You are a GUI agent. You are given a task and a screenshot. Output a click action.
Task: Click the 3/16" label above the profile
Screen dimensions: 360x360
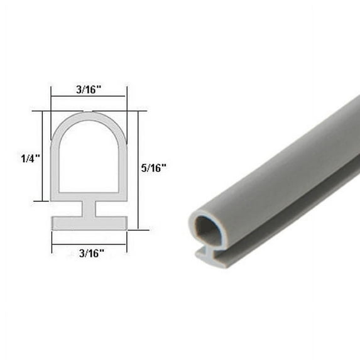point(89,90)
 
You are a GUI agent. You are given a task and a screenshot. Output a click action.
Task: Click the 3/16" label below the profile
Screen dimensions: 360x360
point(89,253)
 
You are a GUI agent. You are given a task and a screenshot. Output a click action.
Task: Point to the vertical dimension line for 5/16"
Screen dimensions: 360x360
point(138,170)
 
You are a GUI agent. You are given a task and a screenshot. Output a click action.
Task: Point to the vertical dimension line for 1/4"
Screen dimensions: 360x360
point(43,156)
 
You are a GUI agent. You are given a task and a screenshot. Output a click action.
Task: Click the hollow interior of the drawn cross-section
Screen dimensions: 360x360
point(89,157)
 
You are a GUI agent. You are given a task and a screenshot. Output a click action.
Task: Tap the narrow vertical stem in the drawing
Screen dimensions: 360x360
point(89,209)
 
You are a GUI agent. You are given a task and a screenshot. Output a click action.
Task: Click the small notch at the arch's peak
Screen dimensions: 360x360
point(89,112)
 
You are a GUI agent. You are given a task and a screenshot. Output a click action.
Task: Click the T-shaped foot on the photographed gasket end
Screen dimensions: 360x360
point(210,254)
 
